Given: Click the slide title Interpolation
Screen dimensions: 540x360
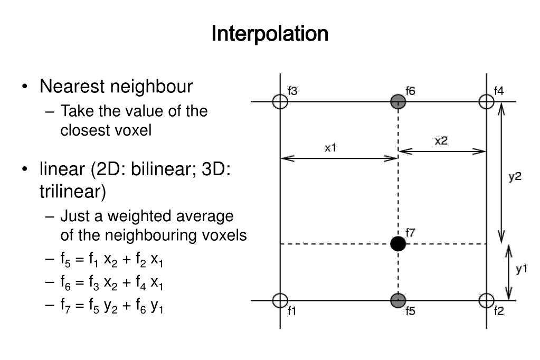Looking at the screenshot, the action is [x=270, y=34].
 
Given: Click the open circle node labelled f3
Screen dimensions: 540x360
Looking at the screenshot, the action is [x=280, y=101].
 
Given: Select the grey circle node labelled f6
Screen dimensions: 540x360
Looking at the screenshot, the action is [x=398, y=101].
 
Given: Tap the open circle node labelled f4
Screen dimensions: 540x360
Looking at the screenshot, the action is [x=486, y=101].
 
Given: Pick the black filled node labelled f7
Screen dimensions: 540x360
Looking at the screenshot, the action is [x=398, y=244].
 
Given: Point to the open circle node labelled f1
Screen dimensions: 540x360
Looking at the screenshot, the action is [x=280, y=301].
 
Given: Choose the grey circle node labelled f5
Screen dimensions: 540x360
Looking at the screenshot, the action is [x=398, y=301].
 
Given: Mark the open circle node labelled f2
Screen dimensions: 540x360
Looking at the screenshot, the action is [x=486, y=301].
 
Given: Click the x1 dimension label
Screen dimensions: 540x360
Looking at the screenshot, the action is [x=330, y=148].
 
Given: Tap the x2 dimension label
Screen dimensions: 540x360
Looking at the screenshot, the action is [x=441, y=141].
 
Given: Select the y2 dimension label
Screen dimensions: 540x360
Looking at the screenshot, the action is [x=515, y=177].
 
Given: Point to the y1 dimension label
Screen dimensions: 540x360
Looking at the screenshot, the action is [x=522, y=269].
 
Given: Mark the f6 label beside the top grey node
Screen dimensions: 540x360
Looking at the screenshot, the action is [x=410, y=91].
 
